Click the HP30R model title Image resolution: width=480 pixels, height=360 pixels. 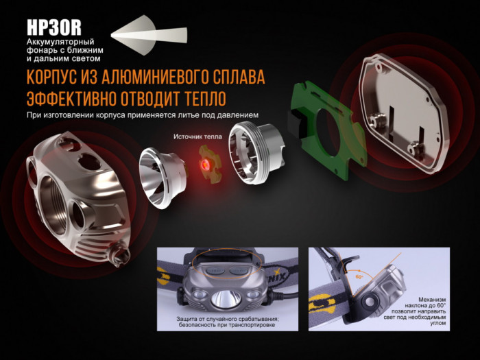tap(54, 27)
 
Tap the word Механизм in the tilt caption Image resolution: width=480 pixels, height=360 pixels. tap(435, 299)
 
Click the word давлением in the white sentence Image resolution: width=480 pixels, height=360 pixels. tap(243, 115)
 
